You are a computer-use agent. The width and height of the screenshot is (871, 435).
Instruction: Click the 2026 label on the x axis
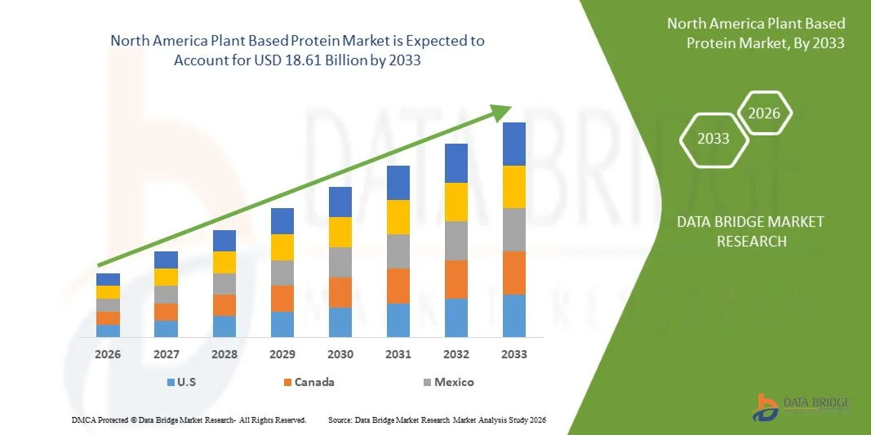tap(108, 354)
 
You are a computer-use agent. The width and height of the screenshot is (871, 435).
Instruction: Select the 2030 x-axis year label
tap(340, 354)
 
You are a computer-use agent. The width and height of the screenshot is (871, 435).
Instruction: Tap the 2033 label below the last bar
tap(514, 354)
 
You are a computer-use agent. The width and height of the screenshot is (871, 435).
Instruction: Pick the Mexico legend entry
tap(447, 382)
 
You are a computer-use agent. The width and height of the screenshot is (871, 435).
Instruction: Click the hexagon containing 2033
tap(713, 139)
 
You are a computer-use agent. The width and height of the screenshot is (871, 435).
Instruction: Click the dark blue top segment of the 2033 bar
tap(514, 144)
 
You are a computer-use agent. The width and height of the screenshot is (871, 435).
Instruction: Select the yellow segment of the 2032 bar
tap(456, 202)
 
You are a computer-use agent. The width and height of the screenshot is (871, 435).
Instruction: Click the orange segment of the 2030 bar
tap(340, 292)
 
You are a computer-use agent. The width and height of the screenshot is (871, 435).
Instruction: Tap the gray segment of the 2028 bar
tap(224, 283)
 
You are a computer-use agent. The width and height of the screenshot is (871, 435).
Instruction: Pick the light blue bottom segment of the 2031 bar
tap(398, 320)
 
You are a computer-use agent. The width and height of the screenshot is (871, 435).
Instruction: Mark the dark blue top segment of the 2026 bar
tap(108, 279)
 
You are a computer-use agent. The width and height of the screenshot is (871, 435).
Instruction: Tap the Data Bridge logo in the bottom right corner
tap(803, 407)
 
